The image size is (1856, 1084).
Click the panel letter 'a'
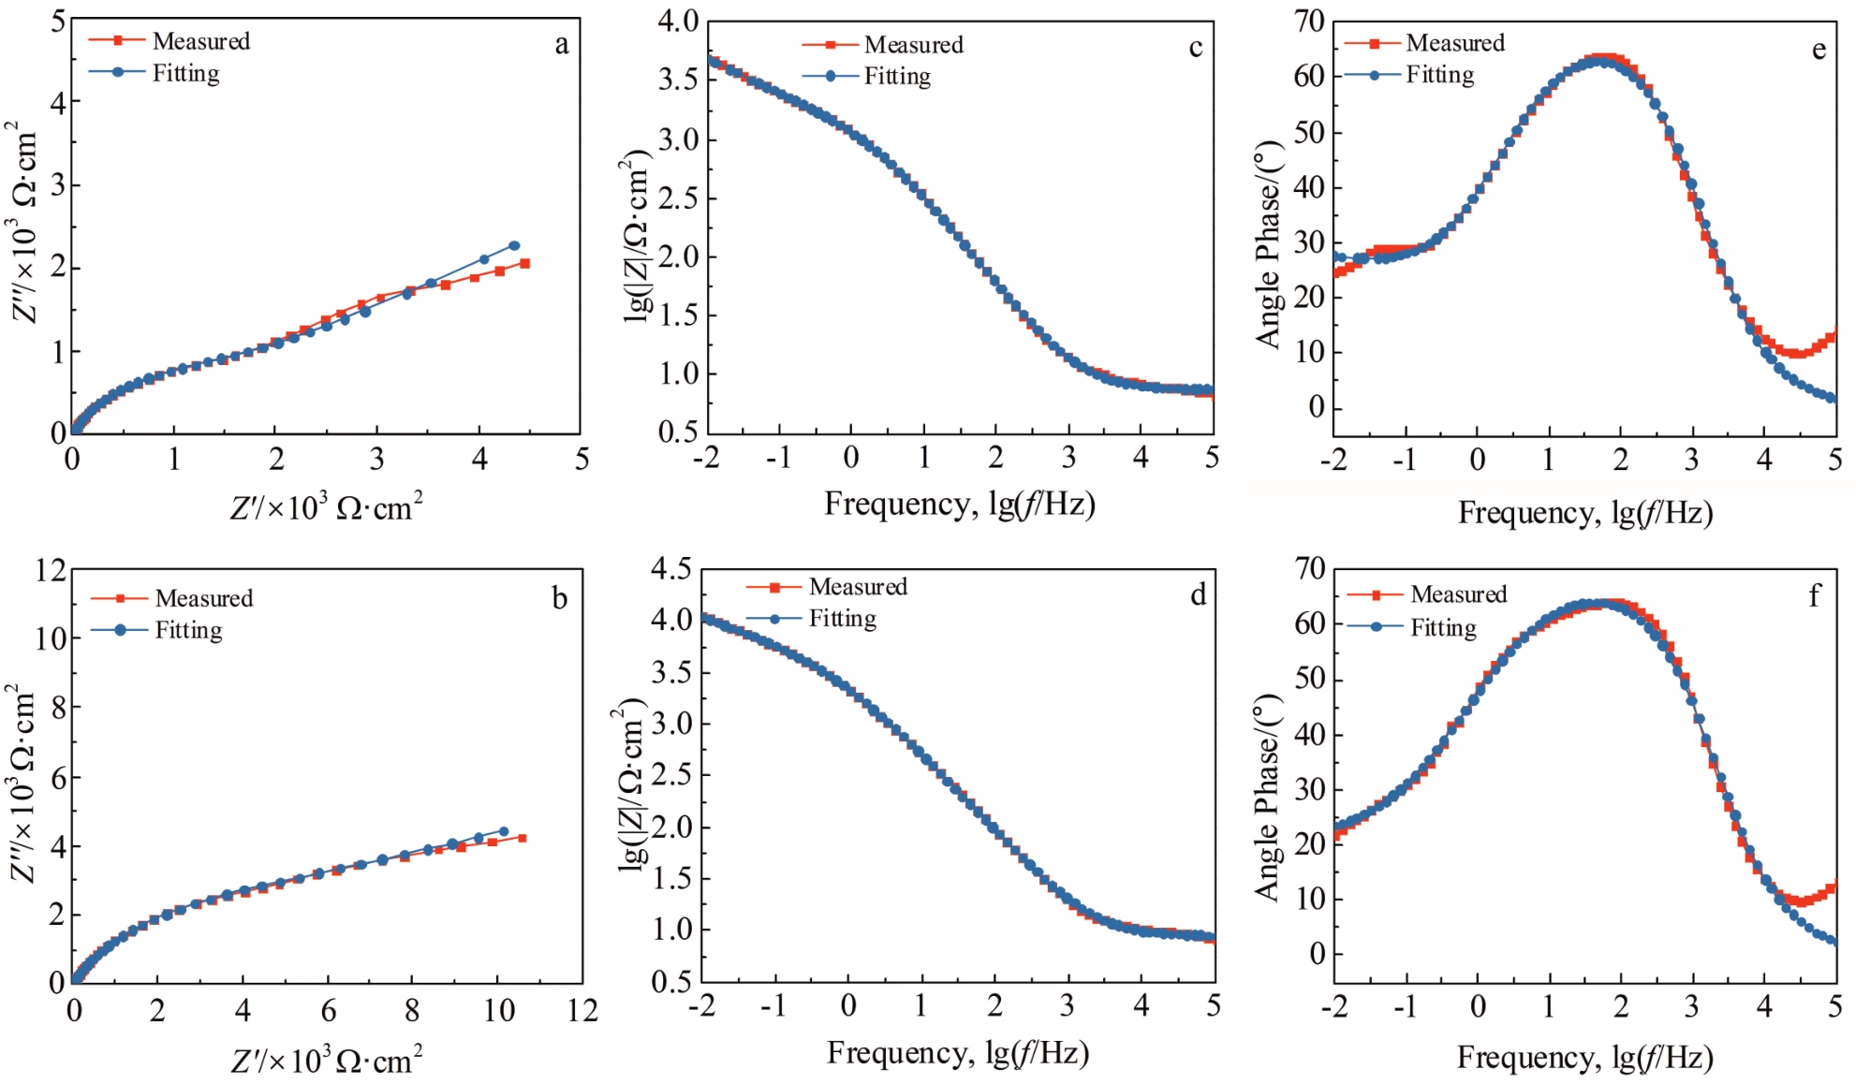[x=562, y=45]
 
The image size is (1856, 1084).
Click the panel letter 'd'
[x=1198, y=595]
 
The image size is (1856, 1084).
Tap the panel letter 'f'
[x=1814, y=595]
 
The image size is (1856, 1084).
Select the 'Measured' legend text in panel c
[x=913, y=45]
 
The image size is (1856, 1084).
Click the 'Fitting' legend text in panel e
[x=1439, y=75]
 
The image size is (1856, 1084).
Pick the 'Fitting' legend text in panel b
[x=188, y=630]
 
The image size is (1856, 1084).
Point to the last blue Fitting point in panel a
[x=514, y=246]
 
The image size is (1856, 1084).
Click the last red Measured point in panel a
[x=525, y=264]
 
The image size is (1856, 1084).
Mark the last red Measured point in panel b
[x=522, y=838]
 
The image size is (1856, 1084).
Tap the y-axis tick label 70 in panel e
[x=1309, y=21]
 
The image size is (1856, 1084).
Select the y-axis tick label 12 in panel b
[x=51, y=569]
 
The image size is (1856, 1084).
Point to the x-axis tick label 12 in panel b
[x=581, y=1011]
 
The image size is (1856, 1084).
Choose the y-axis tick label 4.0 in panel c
[x=678, y=21]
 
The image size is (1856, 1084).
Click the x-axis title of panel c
[x=960, y=505]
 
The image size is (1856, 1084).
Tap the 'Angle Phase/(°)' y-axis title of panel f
[x=1267, y=798]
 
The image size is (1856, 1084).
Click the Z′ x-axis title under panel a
[x=326, y=508]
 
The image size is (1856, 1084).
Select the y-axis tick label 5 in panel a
[x=59, y=21]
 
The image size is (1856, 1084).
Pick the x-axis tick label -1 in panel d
[x=773, y=1006]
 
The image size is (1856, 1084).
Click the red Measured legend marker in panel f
[x=1376, y=595]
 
